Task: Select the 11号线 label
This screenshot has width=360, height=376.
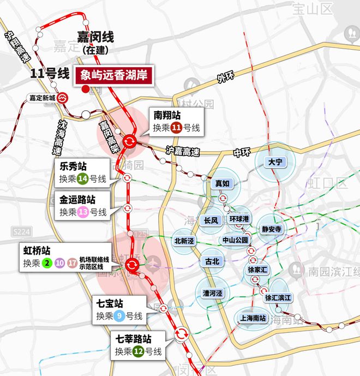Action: click(x=49, y=72)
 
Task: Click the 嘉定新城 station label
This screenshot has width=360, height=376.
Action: click(x=43, y=98)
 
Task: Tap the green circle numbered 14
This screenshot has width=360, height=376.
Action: click(x=82, y=178)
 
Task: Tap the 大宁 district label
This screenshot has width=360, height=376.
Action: click(x=274, y=163)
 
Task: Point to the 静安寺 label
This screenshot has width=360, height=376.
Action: click(x=271, y=229)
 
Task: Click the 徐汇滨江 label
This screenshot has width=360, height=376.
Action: click(x=278, y=298)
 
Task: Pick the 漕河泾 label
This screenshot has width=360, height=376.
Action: click(x=213, y=294)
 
